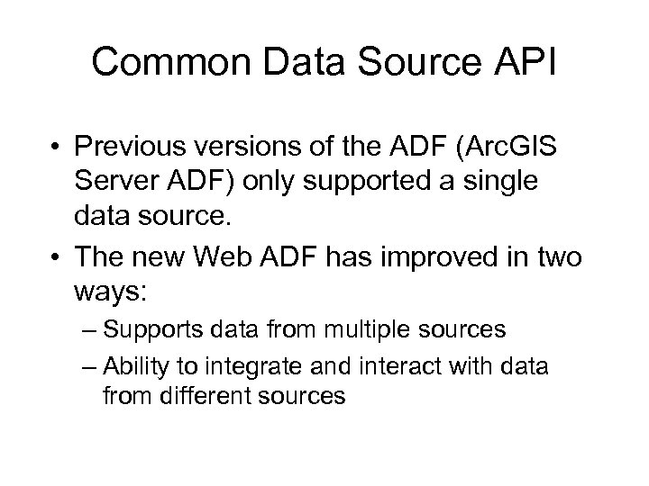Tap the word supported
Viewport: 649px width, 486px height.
(393, 182)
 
